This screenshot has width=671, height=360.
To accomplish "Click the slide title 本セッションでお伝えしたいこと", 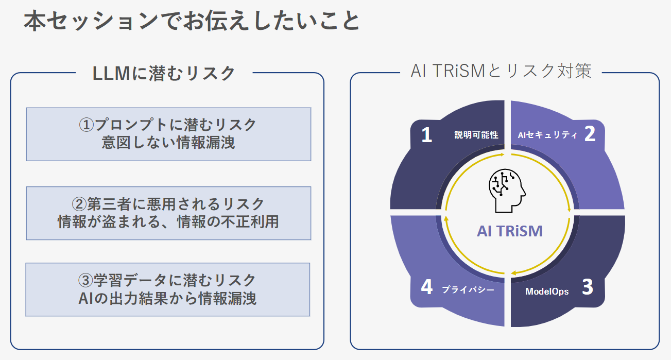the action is click(192, 21).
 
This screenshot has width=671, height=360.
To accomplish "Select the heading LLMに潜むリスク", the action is click(164, 73).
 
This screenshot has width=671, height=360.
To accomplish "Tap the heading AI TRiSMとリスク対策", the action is click(501, 71).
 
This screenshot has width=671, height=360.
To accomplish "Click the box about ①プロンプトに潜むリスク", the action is click(168, 134).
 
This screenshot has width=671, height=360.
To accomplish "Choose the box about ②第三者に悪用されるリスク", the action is click(168, 213).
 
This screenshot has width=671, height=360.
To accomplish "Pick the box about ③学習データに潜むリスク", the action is click(168, 289).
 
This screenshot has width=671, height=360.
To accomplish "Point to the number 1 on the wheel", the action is click(426, 135).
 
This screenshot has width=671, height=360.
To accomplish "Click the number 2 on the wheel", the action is click(590, 133).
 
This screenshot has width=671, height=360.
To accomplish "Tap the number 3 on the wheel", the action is click(588, 287).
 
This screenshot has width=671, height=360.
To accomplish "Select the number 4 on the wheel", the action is click(426, 287).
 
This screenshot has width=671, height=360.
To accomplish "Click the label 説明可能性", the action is click(476, 135).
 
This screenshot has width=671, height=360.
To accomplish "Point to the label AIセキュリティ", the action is click(547, 135).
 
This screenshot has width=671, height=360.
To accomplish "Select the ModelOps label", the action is click(547, 292).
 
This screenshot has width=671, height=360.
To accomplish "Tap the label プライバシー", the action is click(468, 289).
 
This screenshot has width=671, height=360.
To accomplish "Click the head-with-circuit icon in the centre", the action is click(507, 191).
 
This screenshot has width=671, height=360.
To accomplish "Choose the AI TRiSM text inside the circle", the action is click(509, 231).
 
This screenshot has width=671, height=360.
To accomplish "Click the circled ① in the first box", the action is click(87, 125).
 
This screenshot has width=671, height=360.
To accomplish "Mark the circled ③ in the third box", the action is click(85, 280).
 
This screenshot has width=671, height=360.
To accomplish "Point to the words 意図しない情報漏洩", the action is click(168, 143).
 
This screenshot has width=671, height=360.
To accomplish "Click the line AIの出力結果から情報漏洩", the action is click(167, 298).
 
